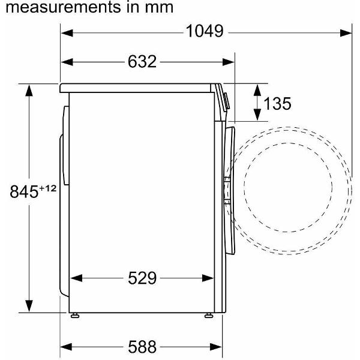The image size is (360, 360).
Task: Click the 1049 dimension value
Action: click(x=205, y=31)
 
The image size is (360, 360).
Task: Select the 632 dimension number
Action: click(x=142, y=62)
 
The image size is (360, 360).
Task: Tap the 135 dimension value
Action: click(x=277, y=104)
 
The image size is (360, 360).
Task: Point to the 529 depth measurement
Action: click(x=142, y=278)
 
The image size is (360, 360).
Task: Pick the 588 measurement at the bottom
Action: click(x=142, y=347)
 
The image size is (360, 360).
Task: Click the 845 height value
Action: click(x=24, y=192)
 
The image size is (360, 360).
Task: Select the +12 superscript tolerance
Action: click(x=48, y=188)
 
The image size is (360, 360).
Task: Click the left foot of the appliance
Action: click(x=75, y=316)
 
